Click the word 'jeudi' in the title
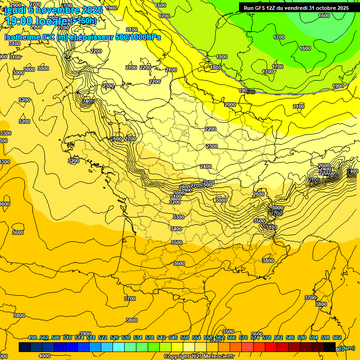click(15, 10)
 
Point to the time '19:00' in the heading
click(18, 21)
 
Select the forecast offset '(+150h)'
click(83, 21)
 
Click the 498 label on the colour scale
click(32, 337)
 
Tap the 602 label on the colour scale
click(337, 337)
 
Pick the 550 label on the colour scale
click(185, 337)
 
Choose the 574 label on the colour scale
click(255, 337)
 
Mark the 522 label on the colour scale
click(103, 337)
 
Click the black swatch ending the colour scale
click(330, 347)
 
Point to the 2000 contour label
click(230, 105)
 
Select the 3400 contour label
click(176, 229)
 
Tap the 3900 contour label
click(85, 334)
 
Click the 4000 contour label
click(45, 356)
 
